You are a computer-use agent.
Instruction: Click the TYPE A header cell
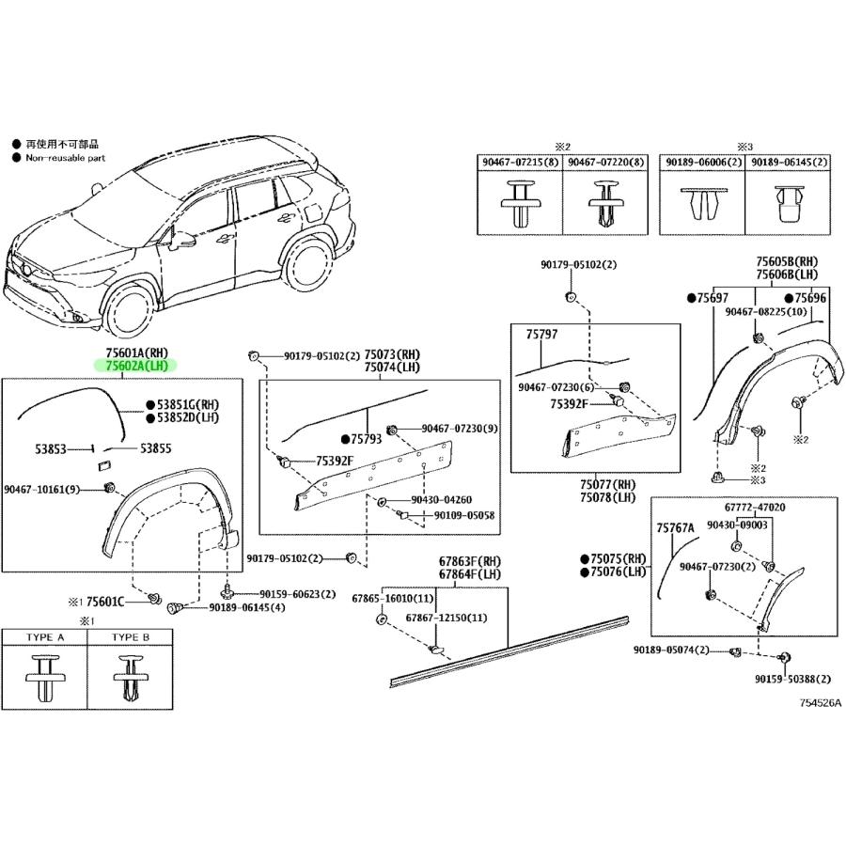point(45,637)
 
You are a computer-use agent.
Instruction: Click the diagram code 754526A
point(820,702)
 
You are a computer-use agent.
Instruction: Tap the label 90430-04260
point(441,500)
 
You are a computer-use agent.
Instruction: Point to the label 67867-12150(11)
point(446,618)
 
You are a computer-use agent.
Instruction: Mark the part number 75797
point(541,334)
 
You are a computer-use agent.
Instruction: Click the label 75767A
point(675,528)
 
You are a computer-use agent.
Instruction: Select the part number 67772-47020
point(754,507)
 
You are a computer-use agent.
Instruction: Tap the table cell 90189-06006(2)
point(701,163)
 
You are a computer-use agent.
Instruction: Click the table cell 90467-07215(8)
point(522,163)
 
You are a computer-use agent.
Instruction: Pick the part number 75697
point(713,297)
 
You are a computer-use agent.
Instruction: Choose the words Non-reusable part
point(65,158)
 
